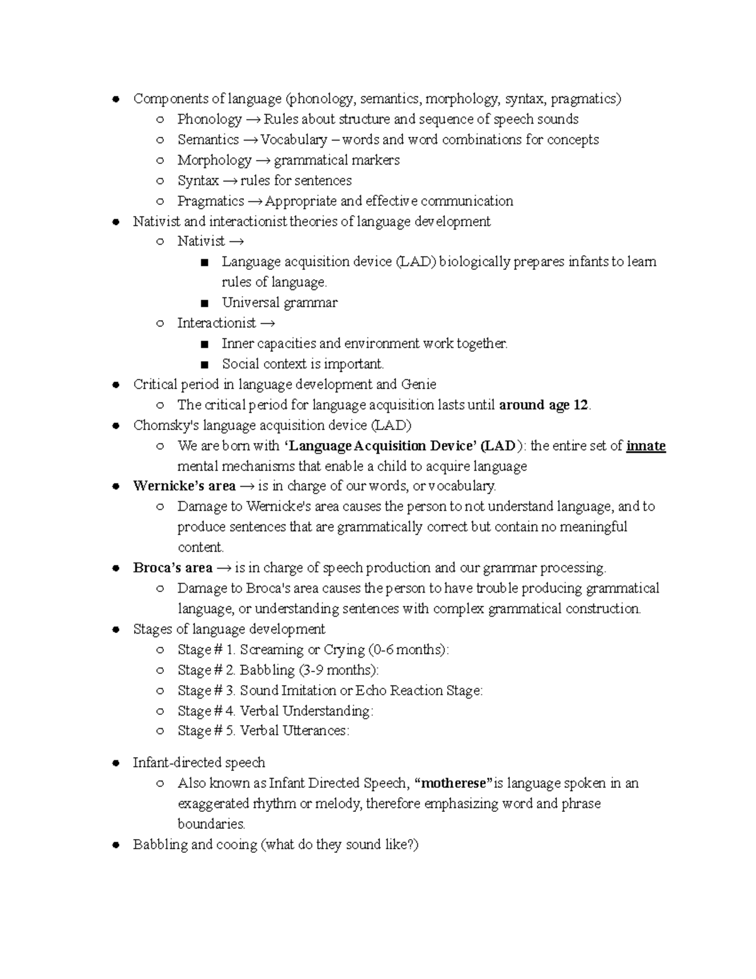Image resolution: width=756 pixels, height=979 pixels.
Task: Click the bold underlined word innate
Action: (x=646, y=446)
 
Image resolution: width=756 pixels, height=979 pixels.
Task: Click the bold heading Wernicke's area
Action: (x=184, y=486)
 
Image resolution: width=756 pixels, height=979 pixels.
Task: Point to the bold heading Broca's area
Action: (x=173, y=568)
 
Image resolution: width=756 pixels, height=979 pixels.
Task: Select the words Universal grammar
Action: (x=279, y=303)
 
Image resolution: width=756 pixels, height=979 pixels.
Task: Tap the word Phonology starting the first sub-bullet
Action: (x=209, y=119)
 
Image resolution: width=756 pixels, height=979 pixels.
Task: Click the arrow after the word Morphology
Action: (x=263, y=160)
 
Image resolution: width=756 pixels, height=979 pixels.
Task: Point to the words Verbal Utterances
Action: (x=294, y=731)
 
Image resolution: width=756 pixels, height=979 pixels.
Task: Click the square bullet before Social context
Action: (x=203, y=364)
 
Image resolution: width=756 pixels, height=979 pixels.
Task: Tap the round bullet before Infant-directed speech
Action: (x=115, y=763)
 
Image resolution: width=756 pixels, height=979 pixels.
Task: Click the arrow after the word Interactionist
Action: (x=267, y=323)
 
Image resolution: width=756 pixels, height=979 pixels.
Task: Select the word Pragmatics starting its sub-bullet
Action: (x=210, y=201)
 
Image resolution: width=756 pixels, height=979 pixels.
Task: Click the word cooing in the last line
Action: (x=236, y=845)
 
